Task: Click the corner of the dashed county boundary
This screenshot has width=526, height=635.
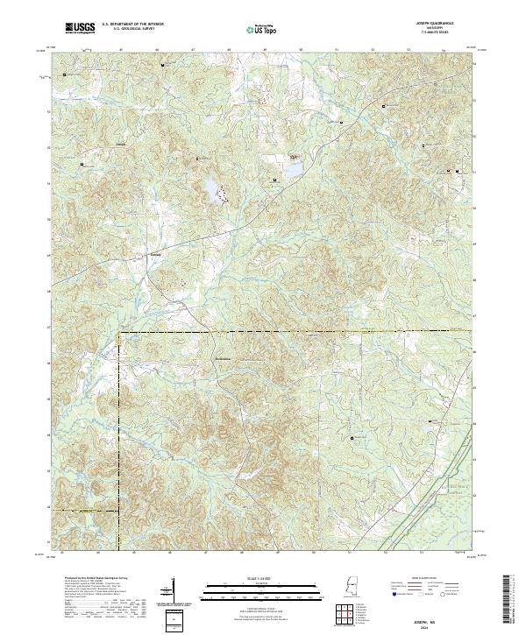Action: [x=119, y=333]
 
